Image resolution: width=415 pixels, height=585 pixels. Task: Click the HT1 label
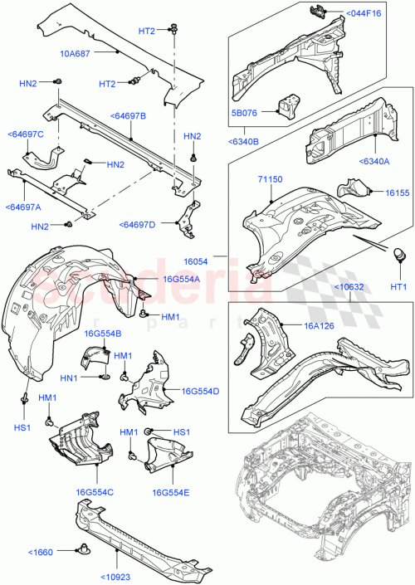(x=398, y=286)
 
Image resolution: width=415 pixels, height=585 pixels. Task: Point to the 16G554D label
(x=199, y=392)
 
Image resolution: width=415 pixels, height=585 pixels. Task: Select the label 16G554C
(x=94, y=492)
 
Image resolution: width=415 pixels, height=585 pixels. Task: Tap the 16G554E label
(x=172, y=492)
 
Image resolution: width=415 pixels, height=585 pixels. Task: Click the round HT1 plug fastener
(x=398, y=255)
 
